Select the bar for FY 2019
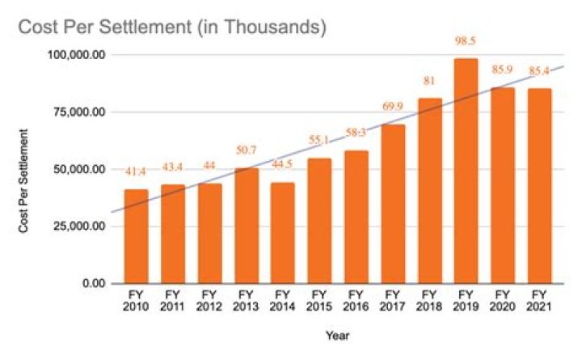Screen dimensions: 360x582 pos(466,171)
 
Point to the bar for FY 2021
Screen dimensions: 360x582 pos(539,185)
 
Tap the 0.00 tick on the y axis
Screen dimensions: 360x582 pos(95,284)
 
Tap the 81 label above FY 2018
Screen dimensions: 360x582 pos(429,81)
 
